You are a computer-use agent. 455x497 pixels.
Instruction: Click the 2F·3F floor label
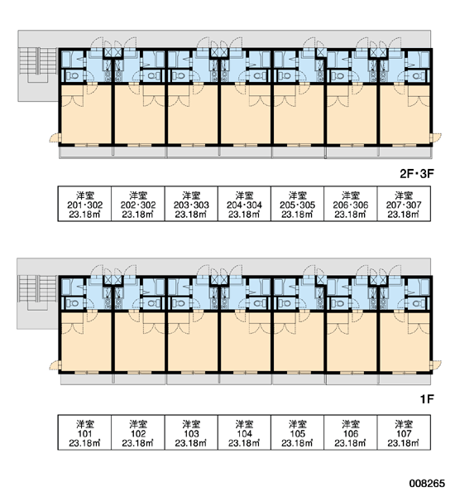click(x=416, y=174)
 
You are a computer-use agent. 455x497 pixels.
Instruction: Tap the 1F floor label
click(x=427, y=399)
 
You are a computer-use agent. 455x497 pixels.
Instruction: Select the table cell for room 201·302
click(x=84, y=204)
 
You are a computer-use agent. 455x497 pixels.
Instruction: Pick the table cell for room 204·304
click(x=244, y=204)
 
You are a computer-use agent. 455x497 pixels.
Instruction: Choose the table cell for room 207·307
click(x=404, y=204)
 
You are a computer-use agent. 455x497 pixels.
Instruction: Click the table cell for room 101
click(x=84, y=432)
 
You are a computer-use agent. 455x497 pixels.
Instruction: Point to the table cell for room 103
click(x=191, y=432)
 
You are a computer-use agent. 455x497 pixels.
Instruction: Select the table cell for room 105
click(x=297, y=432)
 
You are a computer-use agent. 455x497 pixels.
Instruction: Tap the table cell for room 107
click(x=404, y=432)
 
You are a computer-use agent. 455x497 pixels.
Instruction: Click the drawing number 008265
click(x=427, y=484)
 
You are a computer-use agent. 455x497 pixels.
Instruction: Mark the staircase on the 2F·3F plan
click(x=38, y=65)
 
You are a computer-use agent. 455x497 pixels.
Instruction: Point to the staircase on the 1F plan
click(x=38, y=292)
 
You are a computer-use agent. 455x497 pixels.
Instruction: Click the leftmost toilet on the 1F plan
click(x=73, y=303)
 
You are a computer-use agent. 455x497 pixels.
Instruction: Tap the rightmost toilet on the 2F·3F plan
click(x=418, y=76)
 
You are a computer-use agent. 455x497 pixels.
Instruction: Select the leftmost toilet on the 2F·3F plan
click(x=73, y=76)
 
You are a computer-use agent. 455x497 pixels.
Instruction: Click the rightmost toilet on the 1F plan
click(x=418, y=303)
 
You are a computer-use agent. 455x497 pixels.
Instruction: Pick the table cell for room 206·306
click(x=351, y=204)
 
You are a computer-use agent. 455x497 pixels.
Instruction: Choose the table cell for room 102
click(x=137, y=432)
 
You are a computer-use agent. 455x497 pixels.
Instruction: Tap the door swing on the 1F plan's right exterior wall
click(x=437, y=365)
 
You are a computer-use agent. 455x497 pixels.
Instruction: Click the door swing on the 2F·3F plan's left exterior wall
click(x=54, y=138)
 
